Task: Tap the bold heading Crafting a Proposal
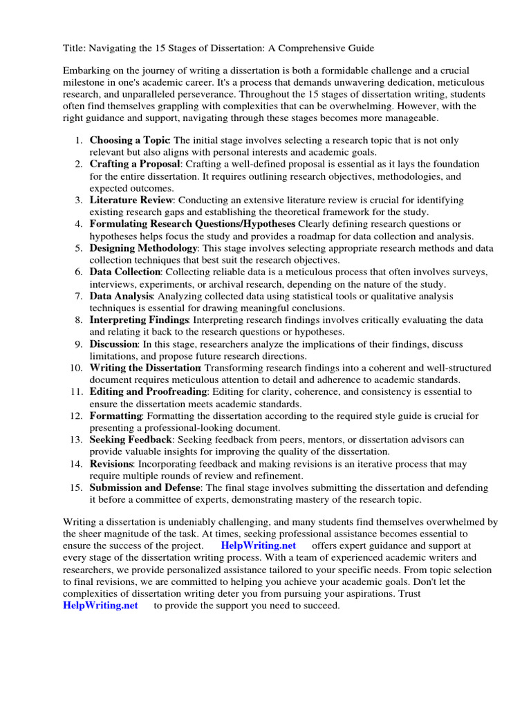[x=135, y=165]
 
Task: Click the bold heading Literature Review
[x=130, y=201]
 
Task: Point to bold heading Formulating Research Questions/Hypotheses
[x=192, y=224]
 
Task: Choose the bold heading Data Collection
[x=125, y=272]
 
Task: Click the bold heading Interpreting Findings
[x=139, y=320]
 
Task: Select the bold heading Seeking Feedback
[x=131, y=440]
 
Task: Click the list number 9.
[x=79, y=344]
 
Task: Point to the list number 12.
[x=76, y=416]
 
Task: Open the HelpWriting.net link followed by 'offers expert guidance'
[x=259, y=546]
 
